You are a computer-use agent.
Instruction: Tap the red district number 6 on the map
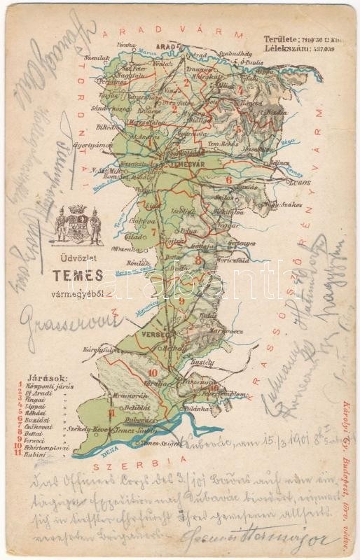[228, 180]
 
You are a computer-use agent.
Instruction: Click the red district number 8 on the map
[198, 260]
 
